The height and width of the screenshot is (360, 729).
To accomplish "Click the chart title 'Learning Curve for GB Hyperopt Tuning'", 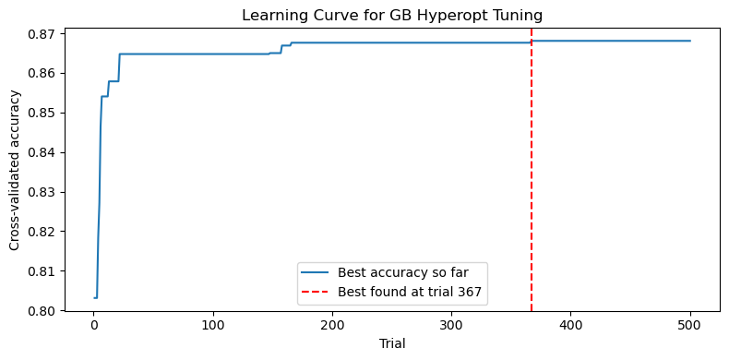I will [x=392, y=15].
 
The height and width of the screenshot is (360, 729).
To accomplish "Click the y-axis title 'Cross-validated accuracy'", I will [x=15, y=172].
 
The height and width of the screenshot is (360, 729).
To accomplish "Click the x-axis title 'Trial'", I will [x=392, y=343].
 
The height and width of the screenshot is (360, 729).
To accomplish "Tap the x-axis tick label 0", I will [x=94, y=326].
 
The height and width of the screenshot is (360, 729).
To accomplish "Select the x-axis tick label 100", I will [x=213, y=326].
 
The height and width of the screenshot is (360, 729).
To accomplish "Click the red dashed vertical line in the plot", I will [x=532, y=185].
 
